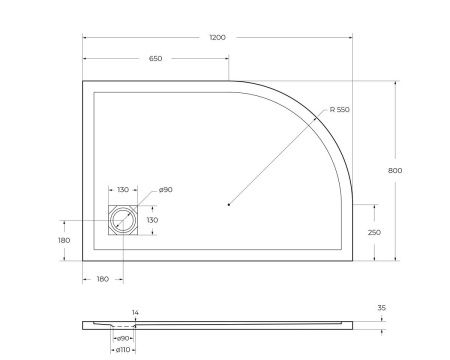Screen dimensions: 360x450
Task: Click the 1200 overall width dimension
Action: [x=217, y=37]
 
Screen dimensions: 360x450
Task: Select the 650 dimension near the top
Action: [x=156, y=59]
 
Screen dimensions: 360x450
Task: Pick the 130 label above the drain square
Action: [x=123, y=189]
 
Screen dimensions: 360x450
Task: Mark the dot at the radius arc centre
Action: [x=230, y=204]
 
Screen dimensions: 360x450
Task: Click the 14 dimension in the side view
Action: [x=136, y=313]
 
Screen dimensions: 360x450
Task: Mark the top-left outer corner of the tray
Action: [x=82, y=82]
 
